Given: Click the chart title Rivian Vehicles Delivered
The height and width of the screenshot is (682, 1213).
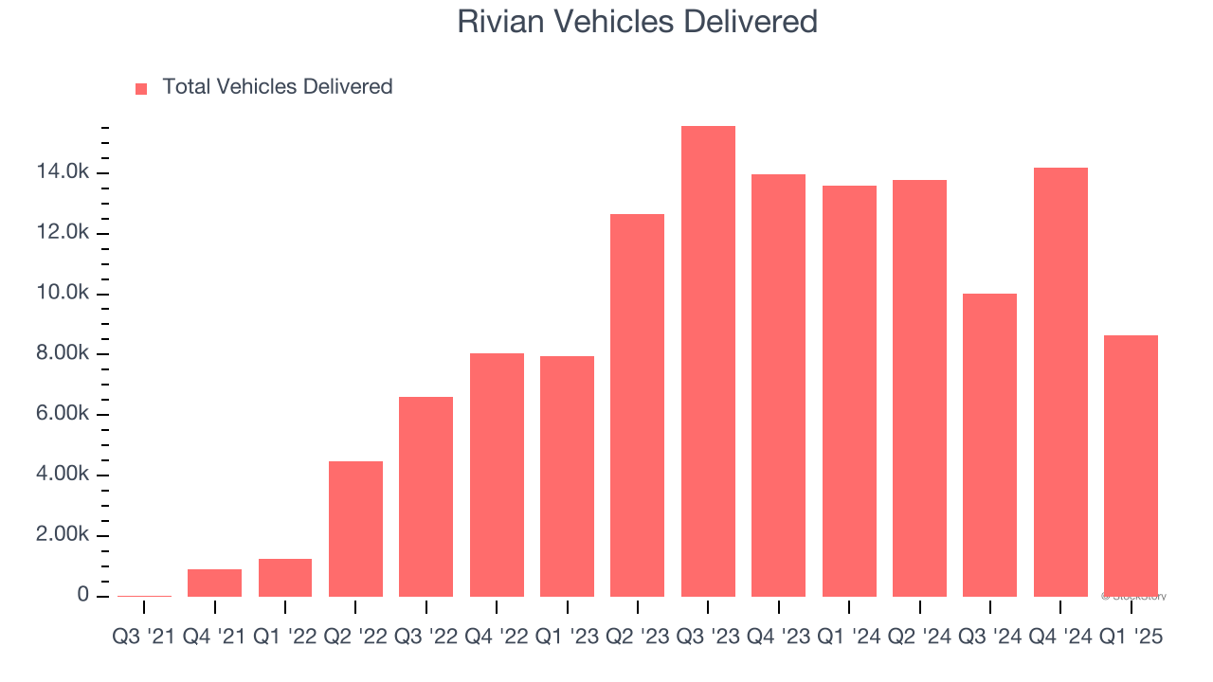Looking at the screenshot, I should (637, 21).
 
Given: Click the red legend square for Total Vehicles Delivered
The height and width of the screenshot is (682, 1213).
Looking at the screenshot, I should (141, 88).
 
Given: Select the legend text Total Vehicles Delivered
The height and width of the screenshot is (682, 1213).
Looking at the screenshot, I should (277, 87).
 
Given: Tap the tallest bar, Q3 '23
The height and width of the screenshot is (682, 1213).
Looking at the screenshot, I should (708, 361).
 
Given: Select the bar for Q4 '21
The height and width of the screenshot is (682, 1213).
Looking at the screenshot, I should (214, 583).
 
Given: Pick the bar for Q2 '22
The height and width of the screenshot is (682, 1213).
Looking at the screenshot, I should (355, 529).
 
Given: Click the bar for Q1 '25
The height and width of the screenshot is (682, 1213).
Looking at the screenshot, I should (1131, 465).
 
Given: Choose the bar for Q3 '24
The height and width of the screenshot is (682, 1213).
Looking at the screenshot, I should (989, 444).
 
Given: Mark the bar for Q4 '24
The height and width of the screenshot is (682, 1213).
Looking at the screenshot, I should (1060, 382).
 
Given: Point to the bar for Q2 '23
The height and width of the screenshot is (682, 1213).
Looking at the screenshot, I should (637, 404).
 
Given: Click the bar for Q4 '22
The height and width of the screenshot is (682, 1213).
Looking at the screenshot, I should (497, 475).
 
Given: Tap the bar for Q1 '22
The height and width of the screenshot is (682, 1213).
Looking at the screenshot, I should (285, 578).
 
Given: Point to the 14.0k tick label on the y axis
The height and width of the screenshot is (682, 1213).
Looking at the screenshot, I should (63, 172).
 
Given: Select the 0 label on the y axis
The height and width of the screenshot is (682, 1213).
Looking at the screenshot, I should (83, 595).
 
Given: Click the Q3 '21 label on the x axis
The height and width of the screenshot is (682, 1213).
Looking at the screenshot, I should (143, 637).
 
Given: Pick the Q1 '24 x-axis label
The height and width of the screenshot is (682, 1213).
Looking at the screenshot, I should (848, 637).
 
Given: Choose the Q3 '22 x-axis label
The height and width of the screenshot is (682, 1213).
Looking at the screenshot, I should (425, 637).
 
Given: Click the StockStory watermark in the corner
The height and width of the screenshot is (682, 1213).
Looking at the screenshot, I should (1133, 597).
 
